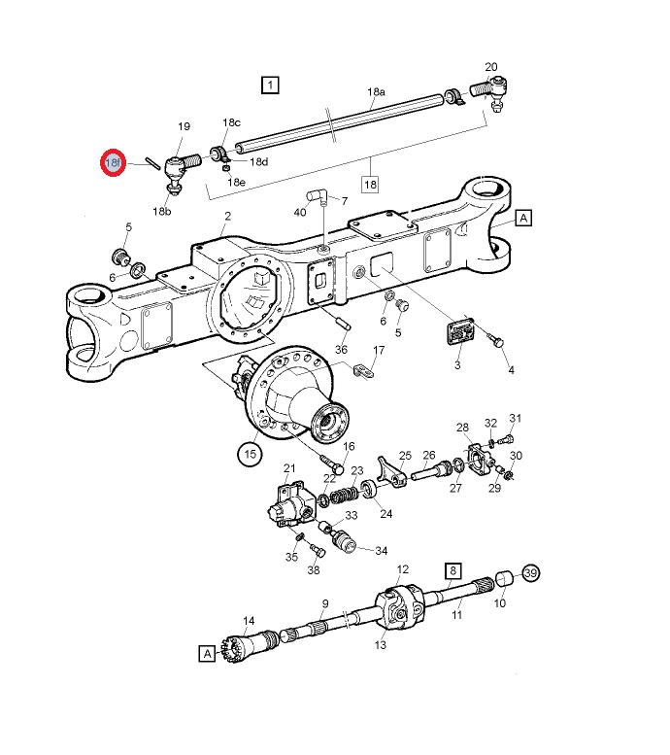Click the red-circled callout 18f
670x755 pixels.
114,163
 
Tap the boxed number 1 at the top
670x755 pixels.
269,85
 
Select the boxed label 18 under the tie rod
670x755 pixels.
370,184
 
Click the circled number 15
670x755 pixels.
250,453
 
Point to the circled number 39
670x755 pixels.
530,573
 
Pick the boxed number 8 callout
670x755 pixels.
452,570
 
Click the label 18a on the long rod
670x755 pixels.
376,92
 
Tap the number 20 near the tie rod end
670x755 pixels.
491,67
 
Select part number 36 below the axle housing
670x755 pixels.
341,350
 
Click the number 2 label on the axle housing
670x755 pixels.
227,216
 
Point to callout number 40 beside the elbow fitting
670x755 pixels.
300,211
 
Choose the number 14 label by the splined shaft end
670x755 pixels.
249,621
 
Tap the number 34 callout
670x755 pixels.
381,550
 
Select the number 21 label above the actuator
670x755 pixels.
288,469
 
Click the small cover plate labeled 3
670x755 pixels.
461,332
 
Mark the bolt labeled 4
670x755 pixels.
498,342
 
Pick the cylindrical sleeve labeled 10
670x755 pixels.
504,579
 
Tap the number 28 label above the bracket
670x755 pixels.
463,428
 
